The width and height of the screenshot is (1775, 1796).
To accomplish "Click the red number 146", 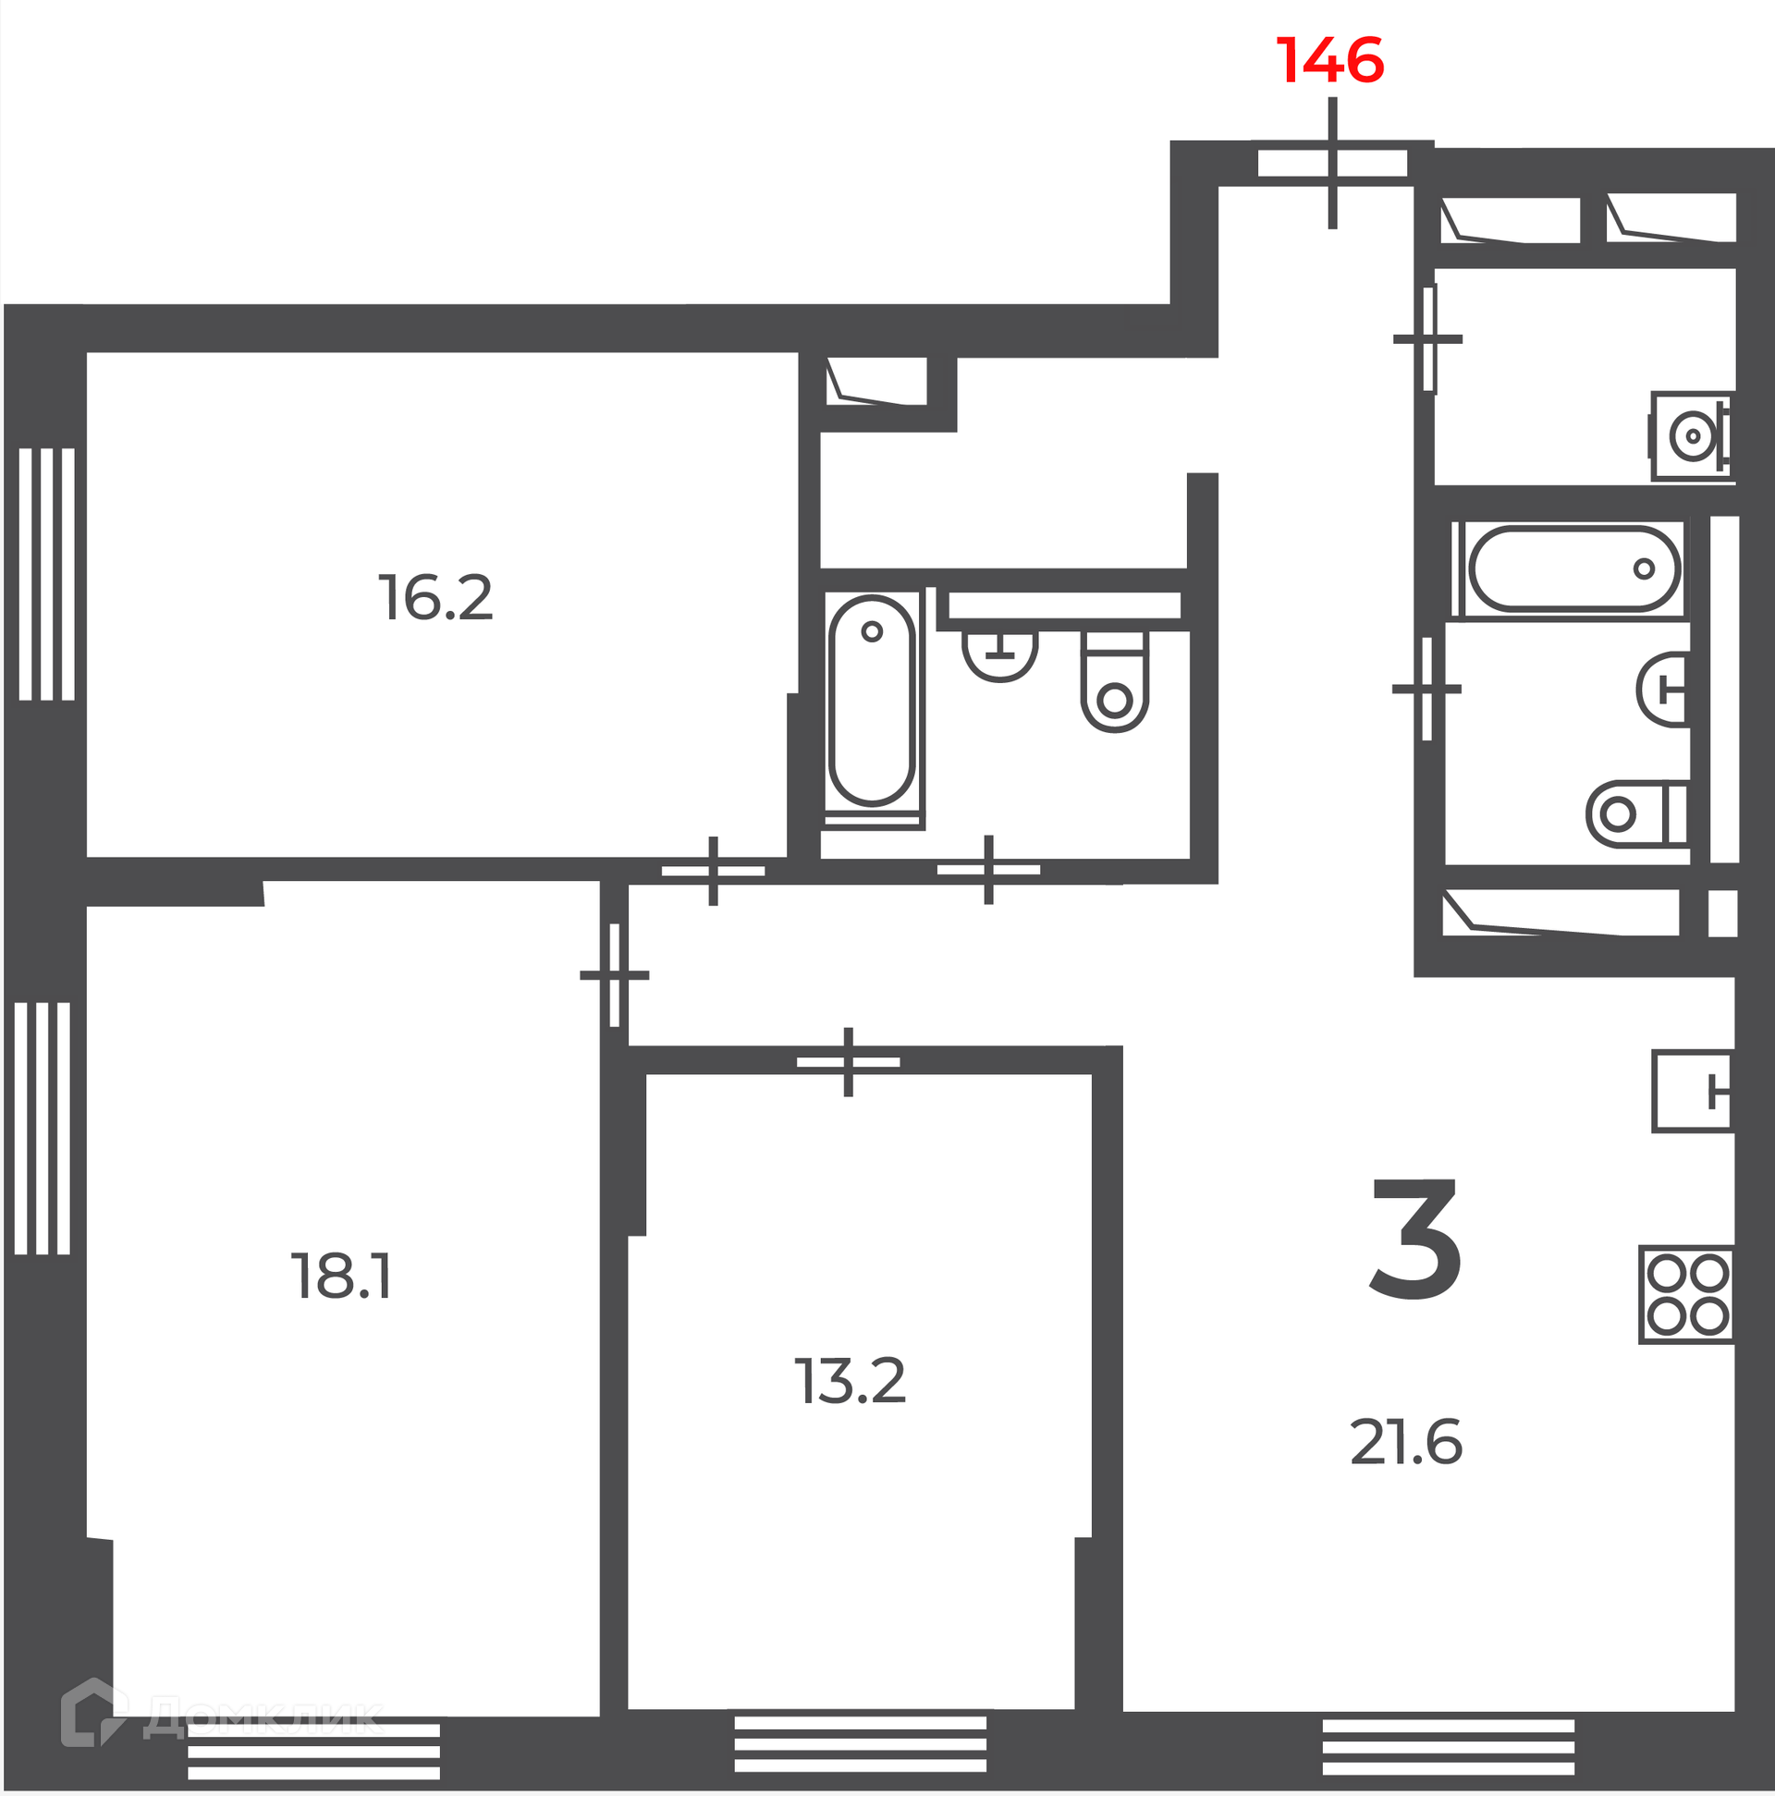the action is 1330,61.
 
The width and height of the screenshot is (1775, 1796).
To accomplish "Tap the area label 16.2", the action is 435,598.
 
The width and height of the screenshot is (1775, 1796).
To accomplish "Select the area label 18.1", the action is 342,1277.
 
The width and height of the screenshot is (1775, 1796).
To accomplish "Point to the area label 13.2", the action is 850,1381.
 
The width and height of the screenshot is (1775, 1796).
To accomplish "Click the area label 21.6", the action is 1406,1443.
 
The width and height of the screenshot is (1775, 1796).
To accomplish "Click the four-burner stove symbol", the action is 1686,1295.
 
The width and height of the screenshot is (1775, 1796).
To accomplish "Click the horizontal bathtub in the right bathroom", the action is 1570,568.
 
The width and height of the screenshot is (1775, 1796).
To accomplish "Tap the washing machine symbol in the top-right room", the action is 1691,436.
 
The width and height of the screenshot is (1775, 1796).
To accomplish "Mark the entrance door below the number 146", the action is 1332,164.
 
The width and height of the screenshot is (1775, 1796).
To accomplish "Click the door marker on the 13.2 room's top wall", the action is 848,1062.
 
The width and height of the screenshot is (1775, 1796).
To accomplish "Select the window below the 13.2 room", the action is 860,1744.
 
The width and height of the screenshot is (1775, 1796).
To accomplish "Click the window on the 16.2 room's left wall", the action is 46,575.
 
